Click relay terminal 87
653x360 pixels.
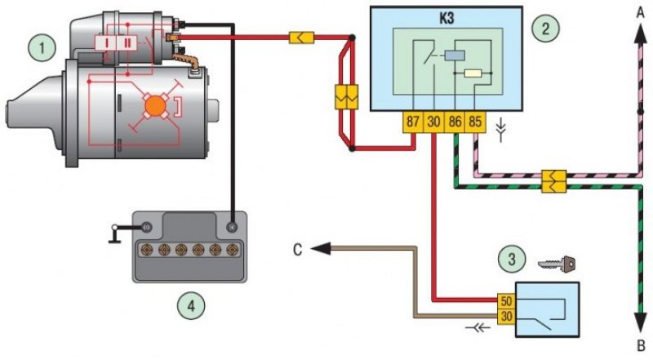pyautogui.click(x=413, y=122)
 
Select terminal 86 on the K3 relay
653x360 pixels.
pyautogui.click(x=455, y=122)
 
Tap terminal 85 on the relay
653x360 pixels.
pyautogui.click(x=475, y=122)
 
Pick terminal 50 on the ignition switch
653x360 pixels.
pyautogui.click(x=506, y=301)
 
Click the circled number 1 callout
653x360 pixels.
pyautogui.click(x=42, y=47)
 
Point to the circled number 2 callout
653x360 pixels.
pyautogui.click(x=545, y=29)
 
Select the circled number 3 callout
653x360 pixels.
pyautogui.click(x=512, y=259)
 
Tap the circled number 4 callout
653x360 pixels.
pyautogui.click(x=191, y=306)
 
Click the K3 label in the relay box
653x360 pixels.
pyautogui.click(x=446, y=19)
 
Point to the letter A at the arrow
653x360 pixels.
pyautogui.click(x=641, y=13)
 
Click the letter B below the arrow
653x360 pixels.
pyautogui.click(x=642, y=345)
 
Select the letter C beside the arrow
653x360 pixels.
pyautogui.click(x=297, y=250)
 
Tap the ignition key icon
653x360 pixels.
pyautogui.click(x=557, y=264)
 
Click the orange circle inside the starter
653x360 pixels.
pyautogui.click(x=156, y=107)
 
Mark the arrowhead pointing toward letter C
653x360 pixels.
pyautogui.click(x=321, y=249)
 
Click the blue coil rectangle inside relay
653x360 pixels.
pyautogui.click(x=455, y=56)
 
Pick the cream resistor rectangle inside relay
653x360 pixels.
pyautogui.click(x=473, y=73)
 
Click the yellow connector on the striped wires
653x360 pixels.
pyautogui.click(x=554, y=181)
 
